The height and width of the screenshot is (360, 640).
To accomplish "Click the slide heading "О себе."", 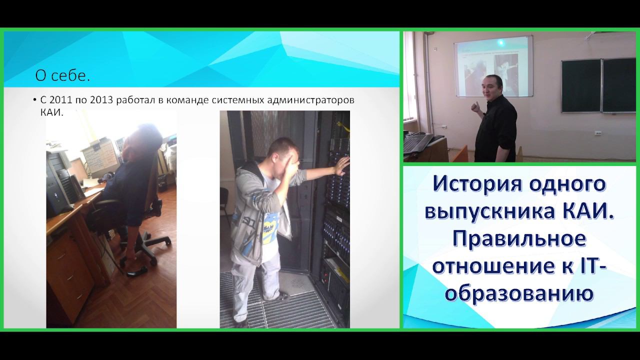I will coord(62,76).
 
